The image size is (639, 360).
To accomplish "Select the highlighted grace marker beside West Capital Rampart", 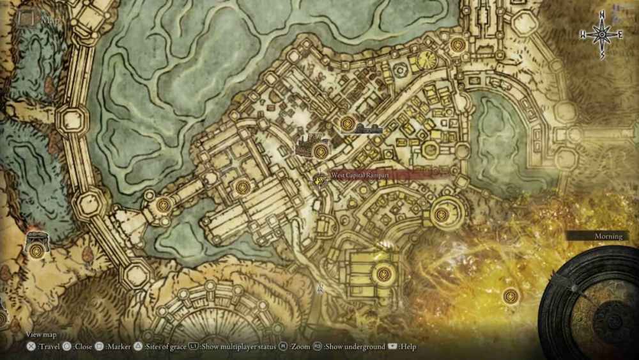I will pyautogui.click(x=320, y=179).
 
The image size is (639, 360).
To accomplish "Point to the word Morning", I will pyautogui.click(x=608, y=236).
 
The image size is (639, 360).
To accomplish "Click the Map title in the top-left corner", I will pyautogui.click(x=49, y=19).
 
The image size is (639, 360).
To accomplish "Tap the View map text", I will pyautogui.click(x=42, y=334).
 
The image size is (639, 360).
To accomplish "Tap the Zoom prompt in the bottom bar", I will pyautogui.click(x=297, y=347).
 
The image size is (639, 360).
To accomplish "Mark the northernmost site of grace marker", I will pyautogui.click(x=458, y=45).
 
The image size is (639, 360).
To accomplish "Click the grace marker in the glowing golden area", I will pyautogui.click(x=510, y=295).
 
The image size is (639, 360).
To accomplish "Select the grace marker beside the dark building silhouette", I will pyautogui.click(x=320, y=151).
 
